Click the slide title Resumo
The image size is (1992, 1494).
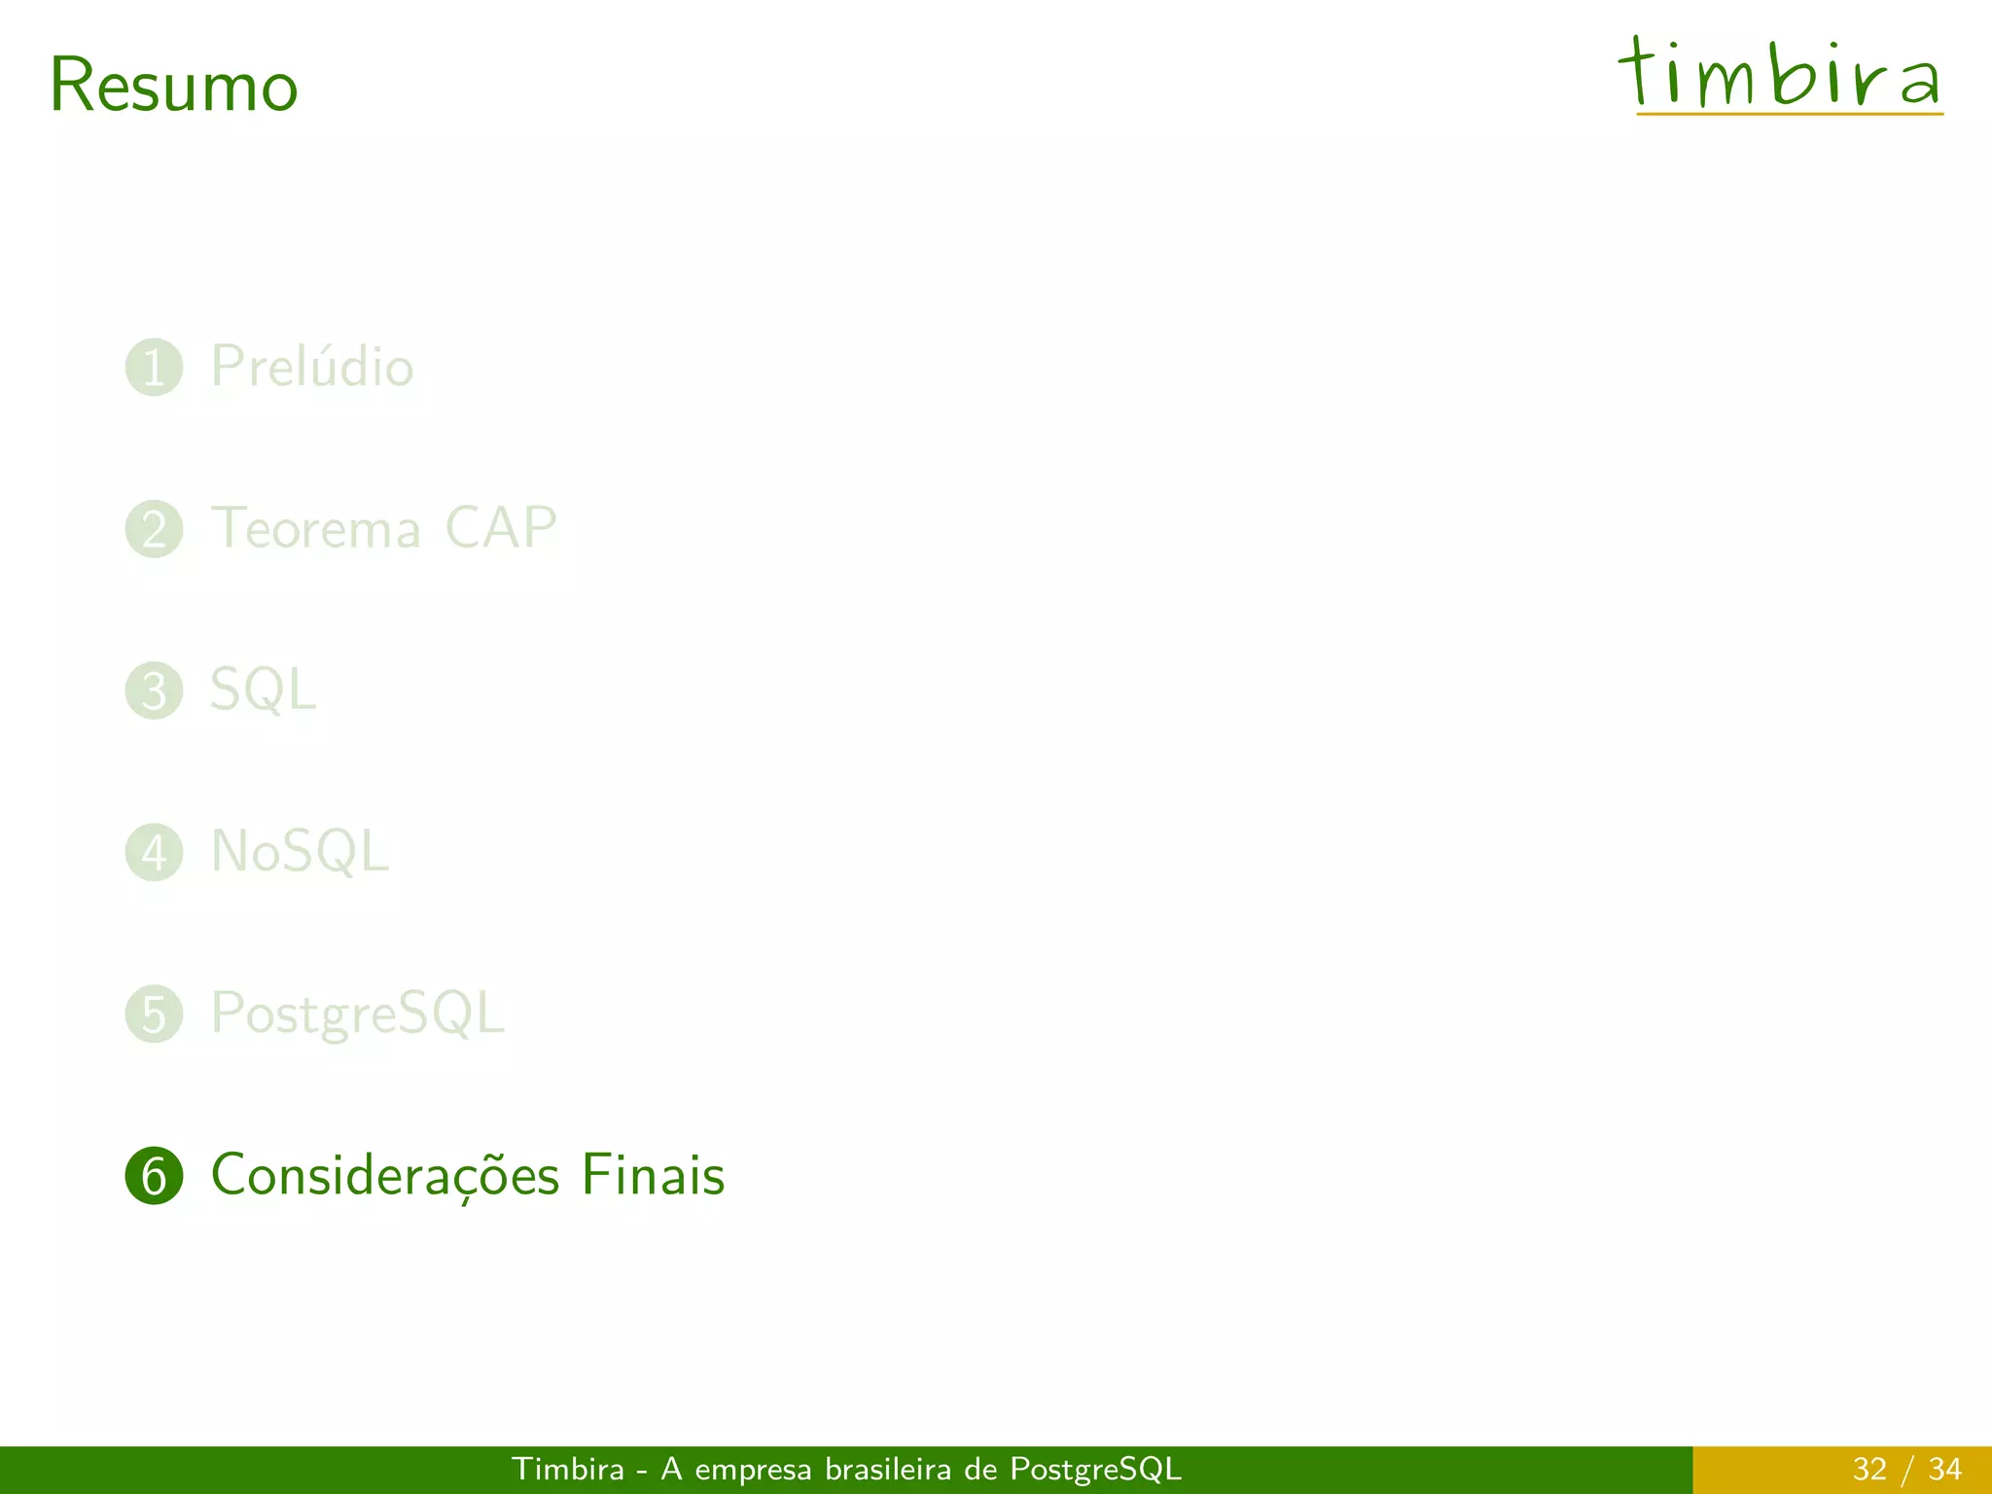coord(173,86)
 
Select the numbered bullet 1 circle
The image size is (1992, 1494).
coord(155,368)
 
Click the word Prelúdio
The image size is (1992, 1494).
coord(312,367)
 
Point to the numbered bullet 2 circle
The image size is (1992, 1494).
coord(155,529)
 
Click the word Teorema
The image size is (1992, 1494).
coord(316,529)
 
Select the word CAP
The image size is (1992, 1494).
coord(500,528)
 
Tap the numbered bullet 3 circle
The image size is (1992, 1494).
coord(155,691)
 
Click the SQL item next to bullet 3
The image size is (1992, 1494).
coord(263,691)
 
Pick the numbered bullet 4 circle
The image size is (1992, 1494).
coord(155,852)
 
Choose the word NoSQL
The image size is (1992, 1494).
coord(300,852)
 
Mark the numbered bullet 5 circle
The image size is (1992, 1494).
coord(155,1014)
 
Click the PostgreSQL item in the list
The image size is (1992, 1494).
coord(358,1014)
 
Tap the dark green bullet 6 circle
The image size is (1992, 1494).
coord(155,1176)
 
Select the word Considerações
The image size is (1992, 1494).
coord(385,1176)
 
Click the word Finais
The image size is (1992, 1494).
coord(653,1175)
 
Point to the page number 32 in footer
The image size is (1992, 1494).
coord(1869,1469)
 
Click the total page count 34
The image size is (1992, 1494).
coord(1944,1469)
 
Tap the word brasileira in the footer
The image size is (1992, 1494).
coord(887,1469)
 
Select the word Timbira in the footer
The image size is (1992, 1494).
coord(568,1469)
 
